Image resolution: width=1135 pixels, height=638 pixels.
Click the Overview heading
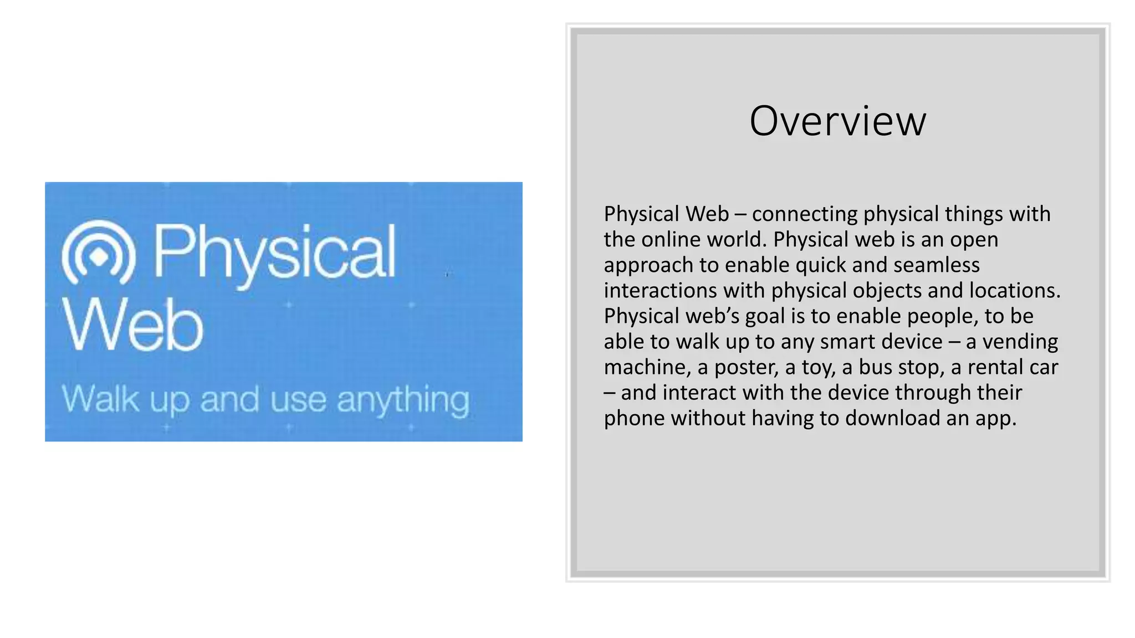pyautogui.click(x=837, y=121)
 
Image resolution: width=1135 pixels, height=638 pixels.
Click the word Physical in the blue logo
pyautogui.click(x=274, y=252)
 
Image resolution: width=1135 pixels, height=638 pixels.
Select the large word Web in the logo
pyautogui.click(x=133, y=325)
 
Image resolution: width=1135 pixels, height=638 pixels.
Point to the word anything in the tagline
pyautogui.click(x=403, y=400)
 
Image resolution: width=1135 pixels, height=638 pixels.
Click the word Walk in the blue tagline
pyautogui.click(x=100, y=398)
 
